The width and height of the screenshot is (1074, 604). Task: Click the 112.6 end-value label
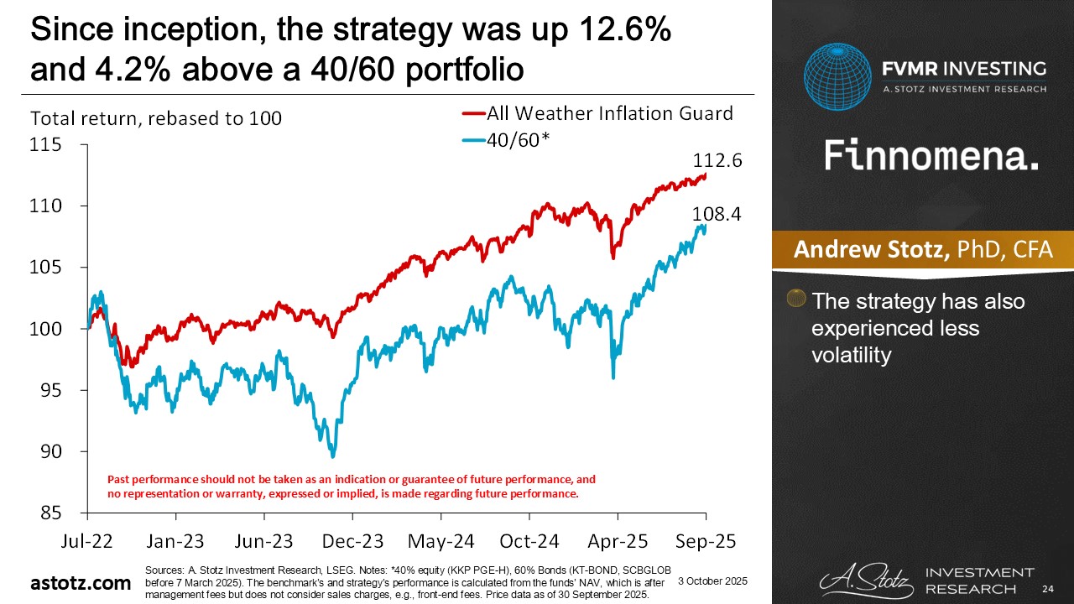pyautogui.click(x=717, y=160)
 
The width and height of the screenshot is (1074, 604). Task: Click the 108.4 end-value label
pyautogui.click(x=717, y=216)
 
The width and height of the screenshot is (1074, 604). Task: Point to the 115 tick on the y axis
pyautogui.click(x=47, y=145)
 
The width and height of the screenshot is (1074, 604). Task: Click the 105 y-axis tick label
pyautogui.click(x=47, y=268)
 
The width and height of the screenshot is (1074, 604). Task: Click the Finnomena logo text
pyautogui.click(x=931, y=155)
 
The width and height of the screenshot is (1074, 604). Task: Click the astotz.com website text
pyautogui.click(x=81, y=583)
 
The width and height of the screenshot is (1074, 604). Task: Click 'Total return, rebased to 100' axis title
pyautogui.click(x=156, y=118)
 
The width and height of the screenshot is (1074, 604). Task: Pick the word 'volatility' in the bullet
pyautogui.click(x=850, y=355)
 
